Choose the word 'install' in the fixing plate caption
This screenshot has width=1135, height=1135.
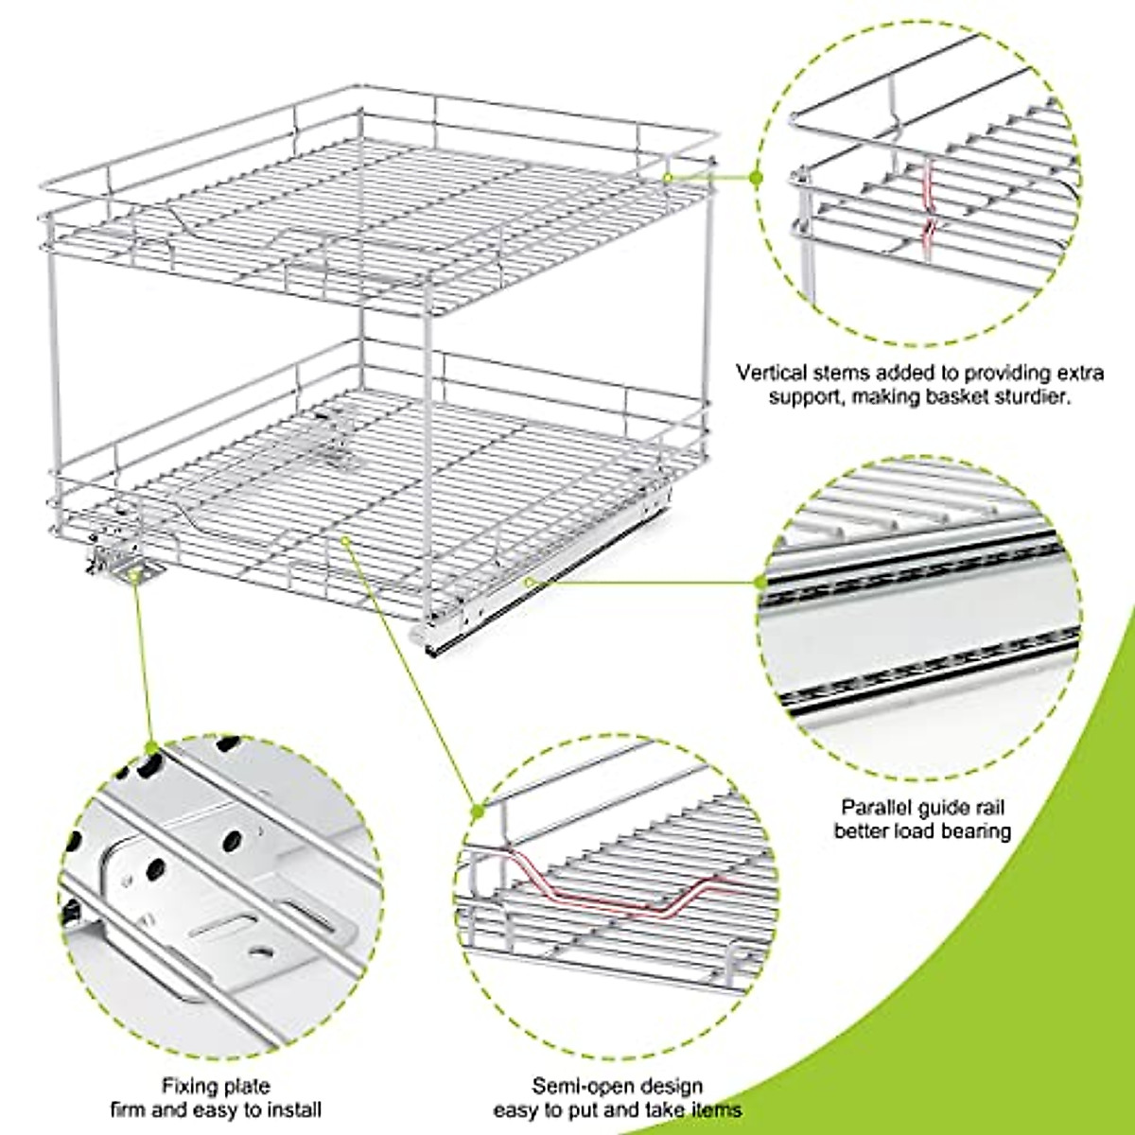pos(292,1109)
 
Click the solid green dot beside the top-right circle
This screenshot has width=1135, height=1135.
pos(756,177)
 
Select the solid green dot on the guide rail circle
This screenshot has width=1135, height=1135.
pos(763,583)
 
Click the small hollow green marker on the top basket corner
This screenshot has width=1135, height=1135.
pos(668,177)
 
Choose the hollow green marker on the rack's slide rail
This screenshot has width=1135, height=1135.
pos(531,583)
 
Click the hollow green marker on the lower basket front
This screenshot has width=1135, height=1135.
pos(346,540)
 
